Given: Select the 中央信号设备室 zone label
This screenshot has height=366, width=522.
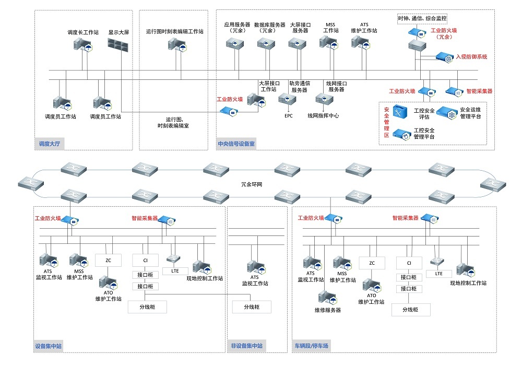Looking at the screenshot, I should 236,144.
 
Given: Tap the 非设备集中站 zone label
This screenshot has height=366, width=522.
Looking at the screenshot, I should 247,346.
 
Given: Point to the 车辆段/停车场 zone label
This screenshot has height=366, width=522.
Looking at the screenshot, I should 312,346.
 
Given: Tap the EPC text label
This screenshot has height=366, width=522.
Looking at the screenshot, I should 289,116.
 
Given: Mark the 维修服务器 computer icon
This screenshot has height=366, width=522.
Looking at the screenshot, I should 328,297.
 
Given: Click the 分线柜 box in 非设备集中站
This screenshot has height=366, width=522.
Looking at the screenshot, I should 252,307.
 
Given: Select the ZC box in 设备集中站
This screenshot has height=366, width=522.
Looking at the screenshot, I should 109,259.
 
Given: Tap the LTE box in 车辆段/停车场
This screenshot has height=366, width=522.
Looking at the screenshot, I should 438,274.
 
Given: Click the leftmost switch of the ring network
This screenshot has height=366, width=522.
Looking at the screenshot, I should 30,183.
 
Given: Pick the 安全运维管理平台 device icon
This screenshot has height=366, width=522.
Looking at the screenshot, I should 446,112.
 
